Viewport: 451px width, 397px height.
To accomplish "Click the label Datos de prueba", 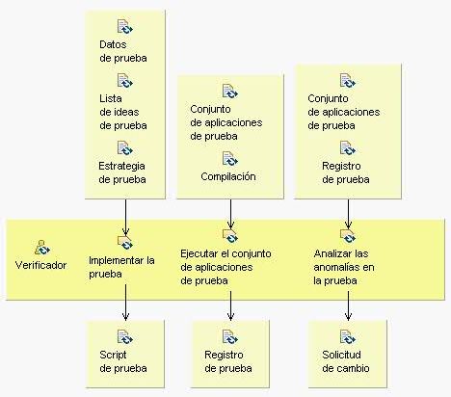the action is click(123, 51).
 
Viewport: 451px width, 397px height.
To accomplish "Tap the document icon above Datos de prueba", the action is click(124, 26).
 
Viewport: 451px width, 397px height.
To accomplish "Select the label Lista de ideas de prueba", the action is click(123, 112).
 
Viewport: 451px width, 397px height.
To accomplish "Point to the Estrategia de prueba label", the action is click(122, 172).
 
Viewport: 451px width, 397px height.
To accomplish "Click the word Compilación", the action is click(228, 176).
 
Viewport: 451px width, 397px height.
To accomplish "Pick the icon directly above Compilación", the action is click(230, 159).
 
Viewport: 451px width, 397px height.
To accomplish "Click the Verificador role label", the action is click(40, 265).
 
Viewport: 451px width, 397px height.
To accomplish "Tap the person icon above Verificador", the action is click(42, 248).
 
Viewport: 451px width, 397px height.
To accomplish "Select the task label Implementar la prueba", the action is click(121, 267).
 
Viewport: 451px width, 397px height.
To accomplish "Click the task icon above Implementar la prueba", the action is click(125, 243).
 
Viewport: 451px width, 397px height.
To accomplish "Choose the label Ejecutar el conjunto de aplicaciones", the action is click(225, 260).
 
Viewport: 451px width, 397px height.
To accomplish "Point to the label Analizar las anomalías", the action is click(344, 260).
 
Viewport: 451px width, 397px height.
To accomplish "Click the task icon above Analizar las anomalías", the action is click(348, 236).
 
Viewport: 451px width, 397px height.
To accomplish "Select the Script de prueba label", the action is click(123, 361).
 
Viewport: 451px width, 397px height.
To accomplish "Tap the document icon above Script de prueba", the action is click(125, 337).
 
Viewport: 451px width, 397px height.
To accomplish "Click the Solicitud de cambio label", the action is click(346, 361).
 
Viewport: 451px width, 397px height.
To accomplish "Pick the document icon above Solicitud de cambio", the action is click(348, 337).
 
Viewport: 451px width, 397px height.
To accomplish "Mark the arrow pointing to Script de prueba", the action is click(125, 303).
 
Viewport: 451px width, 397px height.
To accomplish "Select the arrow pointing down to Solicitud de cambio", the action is click(348, 305).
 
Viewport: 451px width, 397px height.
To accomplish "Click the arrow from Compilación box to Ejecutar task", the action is click(230, 214).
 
